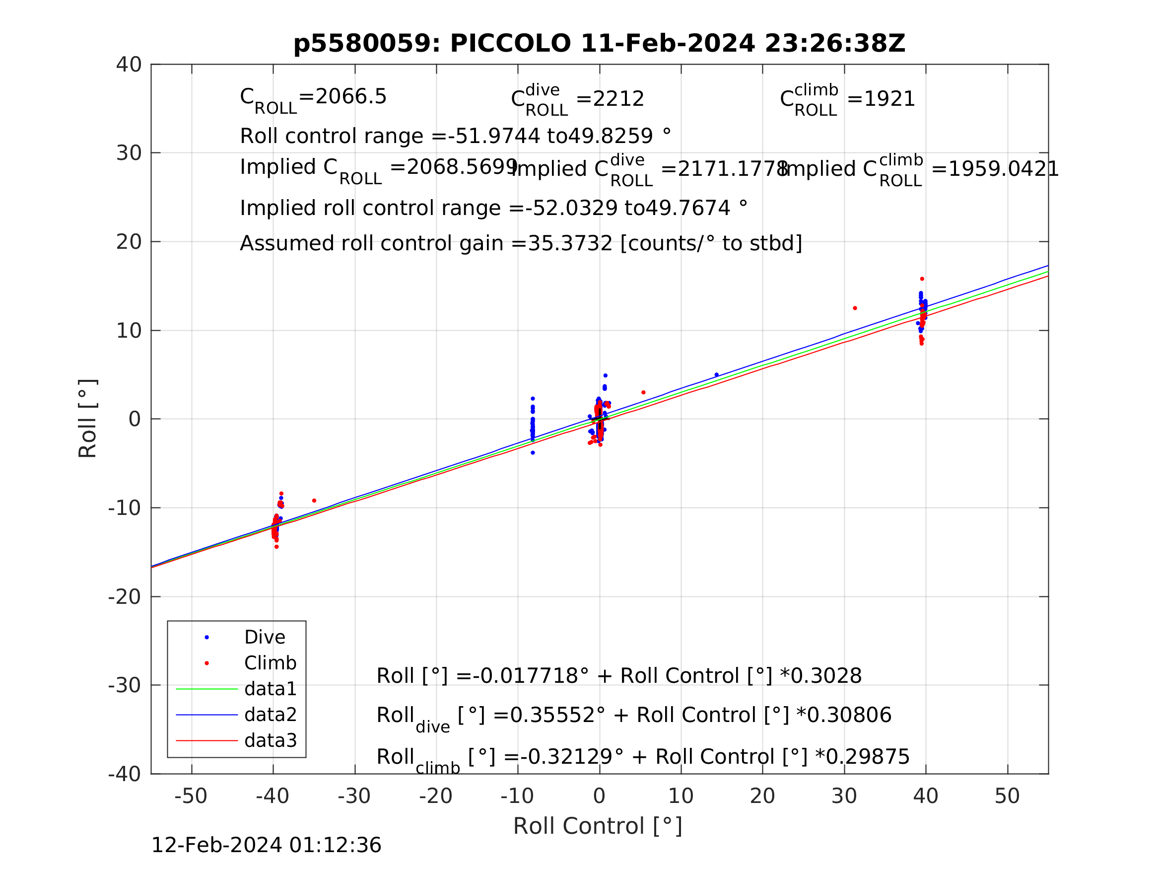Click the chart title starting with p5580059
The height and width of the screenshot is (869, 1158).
[x=599, y=44]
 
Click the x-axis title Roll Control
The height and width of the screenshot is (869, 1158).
[x=597, y=826]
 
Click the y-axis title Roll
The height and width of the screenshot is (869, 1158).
[x=88, y=418]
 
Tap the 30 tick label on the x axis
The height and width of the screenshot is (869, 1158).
[x=844, y=796]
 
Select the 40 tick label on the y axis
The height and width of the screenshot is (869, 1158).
[x=129, y=65]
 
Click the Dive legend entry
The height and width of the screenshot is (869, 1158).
[x=265, y=638]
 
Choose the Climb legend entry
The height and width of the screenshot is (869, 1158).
[x=270, y=663]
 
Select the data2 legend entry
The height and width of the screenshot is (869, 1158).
[x=270, y=715]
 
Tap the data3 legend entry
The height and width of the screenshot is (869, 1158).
[x=270, y=740]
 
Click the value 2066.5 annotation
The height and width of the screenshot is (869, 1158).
[x=351, y=96]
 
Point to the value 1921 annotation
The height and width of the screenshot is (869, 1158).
[x=889, y=99]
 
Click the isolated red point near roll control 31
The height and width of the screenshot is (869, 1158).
[x=855, y=308]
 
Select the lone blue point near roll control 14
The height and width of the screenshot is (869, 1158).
[x=717, y=375]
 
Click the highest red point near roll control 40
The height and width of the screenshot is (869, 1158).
[x=922, y=279]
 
